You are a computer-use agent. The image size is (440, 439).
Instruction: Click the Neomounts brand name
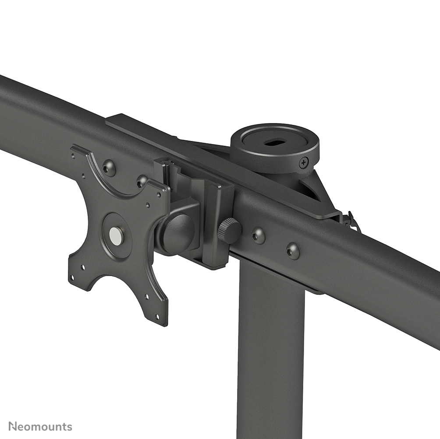(40, 426)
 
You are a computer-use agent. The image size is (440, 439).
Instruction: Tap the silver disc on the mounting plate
(116, 236)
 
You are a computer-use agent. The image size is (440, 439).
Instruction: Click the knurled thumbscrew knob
(229, 231)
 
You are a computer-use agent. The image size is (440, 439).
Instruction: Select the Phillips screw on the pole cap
(303, 163)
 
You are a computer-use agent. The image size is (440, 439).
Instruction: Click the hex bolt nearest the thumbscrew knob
(258, 235)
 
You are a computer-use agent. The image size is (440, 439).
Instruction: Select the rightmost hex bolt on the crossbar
(293, 251)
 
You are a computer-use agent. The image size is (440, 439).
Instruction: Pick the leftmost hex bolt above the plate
(109, 168)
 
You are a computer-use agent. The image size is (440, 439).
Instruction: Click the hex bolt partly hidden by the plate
(142, 180)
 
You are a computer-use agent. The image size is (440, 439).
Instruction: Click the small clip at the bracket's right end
(351, 221)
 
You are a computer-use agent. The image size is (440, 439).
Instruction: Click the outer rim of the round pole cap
(275, 130)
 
